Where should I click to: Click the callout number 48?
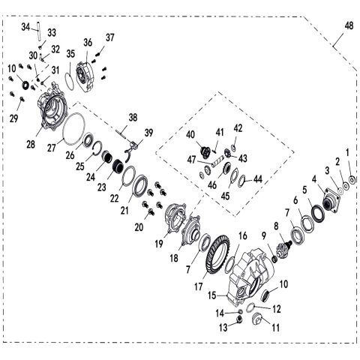click(349, 25)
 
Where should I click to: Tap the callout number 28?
click(31, 145)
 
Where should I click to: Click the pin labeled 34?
click(39, 31)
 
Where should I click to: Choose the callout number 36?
click(88, 43)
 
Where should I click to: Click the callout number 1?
click(347, 152)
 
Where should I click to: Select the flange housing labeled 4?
click(331, 202)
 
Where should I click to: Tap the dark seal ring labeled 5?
click(318, 213)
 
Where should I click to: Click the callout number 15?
click(212, 295)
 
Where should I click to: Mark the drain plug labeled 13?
click(239, 319)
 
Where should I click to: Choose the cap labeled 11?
click(257, 319)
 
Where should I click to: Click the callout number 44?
click(257, 179)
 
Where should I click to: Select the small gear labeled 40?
click(206, 152)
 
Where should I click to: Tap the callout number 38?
click(133, 118)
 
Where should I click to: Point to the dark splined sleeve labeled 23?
click(119, 166)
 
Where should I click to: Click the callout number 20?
click(139, 227)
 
